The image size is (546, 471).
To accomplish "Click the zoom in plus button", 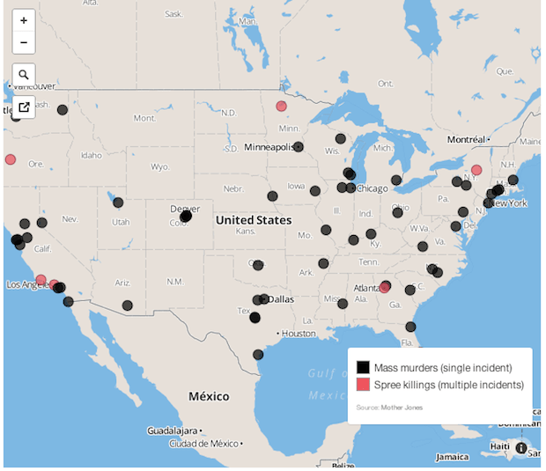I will point(24,20).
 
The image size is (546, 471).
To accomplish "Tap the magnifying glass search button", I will point(24,75).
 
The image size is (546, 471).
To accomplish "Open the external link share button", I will point(24,107).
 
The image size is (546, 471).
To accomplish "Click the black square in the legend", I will point(363,367).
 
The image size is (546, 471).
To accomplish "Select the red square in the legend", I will point(363,385).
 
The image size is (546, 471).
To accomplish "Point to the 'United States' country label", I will point(254,220).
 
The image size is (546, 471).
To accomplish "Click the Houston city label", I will point(299,334).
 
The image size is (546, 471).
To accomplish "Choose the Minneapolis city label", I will point(269,147).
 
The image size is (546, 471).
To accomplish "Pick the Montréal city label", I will point(467,140).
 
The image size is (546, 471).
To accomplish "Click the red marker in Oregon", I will point(11,160).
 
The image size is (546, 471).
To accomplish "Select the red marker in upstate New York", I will point(476,170).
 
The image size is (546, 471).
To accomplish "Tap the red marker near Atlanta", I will point(385,287).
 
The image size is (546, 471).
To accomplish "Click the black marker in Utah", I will point(118,202).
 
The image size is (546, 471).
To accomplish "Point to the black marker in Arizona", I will point(128,305).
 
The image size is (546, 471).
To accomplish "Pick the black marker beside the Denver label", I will point(186,217).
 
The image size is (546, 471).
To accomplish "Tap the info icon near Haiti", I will point(521,448).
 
